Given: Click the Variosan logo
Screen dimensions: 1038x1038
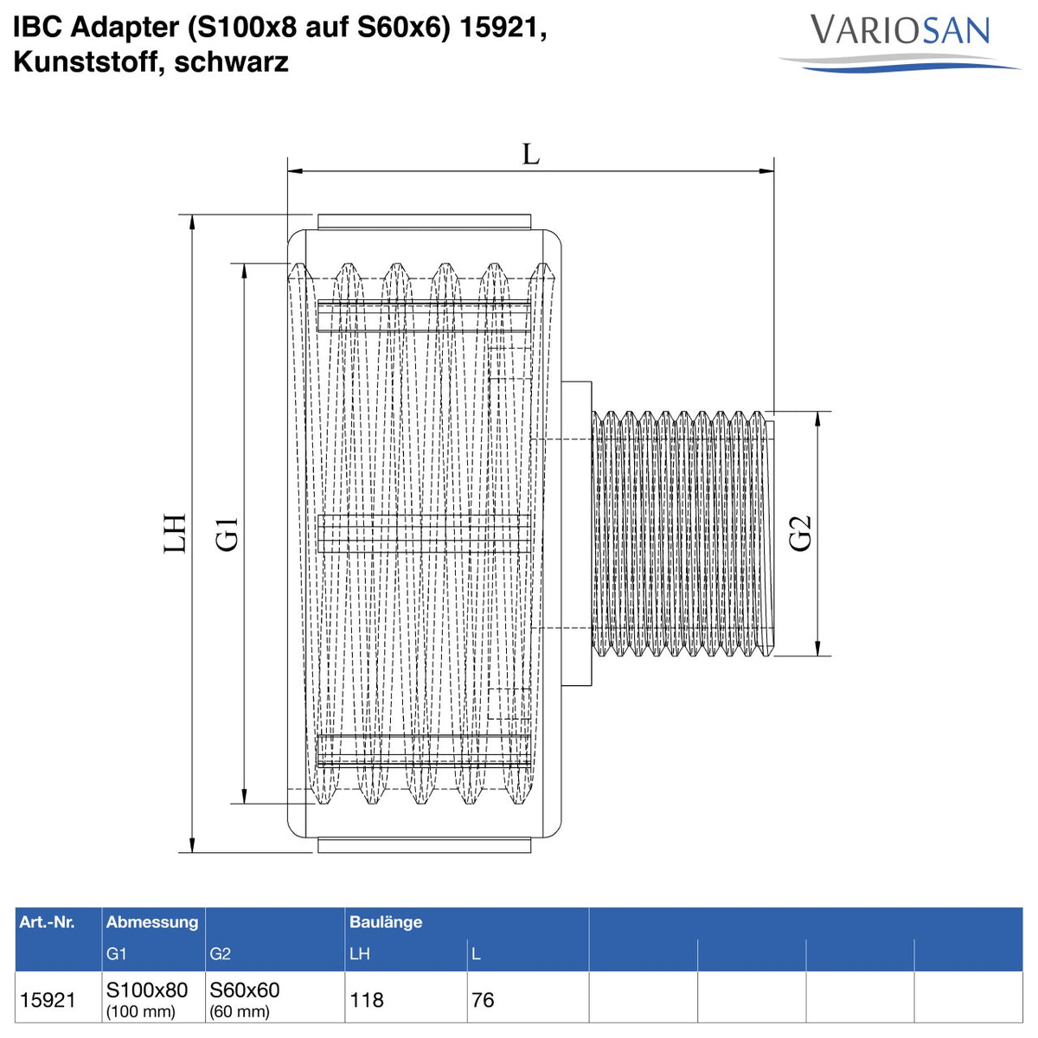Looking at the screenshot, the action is tap(899, 42).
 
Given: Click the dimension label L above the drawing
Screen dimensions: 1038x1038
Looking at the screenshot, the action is tap(530, 155).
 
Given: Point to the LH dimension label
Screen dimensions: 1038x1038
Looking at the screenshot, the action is tap(175, 534).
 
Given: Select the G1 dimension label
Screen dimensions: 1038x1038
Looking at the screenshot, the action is tap(227, 534).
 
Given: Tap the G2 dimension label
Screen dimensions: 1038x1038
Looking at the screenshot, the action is tap(800, 534).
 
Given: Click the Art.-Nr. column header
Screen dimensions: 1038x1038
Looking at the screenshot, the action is tap(47, 921).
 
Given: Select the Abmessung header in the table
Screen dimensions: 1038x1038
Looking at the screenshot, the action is tap(152, 921).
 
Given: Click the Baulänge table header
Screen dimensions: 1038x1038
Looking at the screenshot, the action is tap(386, 921).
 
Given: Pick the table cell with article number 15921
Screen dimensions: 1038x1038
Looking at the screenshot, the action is tap(48, 1000).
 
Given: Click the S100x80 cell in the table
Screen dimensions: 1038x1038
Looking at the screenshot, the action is tap(147, 990).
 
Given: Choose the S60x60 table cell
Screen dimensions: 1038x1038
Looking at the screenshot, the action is tap(245, 990).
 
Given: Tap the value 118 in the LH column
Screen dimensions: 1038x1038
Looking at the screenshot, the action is tap(366, 1000).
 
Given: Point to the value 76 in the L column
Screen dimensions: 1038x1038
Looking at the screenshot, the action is tap(483, 1000).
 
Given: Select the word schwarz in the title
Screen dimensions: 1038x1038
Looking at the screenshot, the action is tap(232, 63).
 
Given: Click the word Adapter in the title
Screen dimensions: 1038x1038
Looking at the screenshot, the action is tap(125, 28).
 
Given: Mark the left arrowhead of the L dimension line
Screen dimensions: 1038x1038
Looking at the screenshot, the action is tap(295, 171).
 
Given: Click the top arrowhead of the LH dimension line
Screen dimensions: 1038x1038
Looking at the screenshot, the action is tap(192, 222).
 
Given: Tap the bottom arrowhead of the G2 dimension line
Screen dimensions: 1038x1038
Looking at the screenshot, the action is tap(817, 649).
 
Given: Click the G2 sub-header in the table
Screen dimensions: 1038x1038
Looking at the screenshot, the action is tap(220, 954).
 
